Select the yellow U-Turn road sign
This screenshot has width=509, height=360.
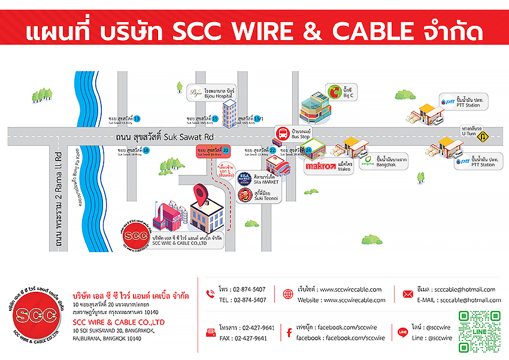click(x=483, y=136)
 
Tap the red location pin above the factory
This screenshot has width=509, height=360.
click(x=201, y=195)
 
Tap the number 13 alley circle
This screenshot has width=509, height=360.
click(x=137, y=119)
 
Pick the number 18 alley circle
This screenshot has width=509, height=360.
click(x=146, y=150)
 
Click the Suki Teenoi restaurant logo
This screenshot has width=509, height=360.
click(x=244, y=194)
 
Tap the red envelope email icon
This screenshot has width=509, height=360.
click(x=408, y=294)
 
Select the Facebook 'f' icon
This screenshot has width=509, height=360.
click(x=289, y=333)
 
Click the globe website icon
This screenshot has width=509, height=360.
click(x=289, y=294)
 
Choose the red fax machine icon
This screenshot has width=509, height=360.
click(x=210, y=333)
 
